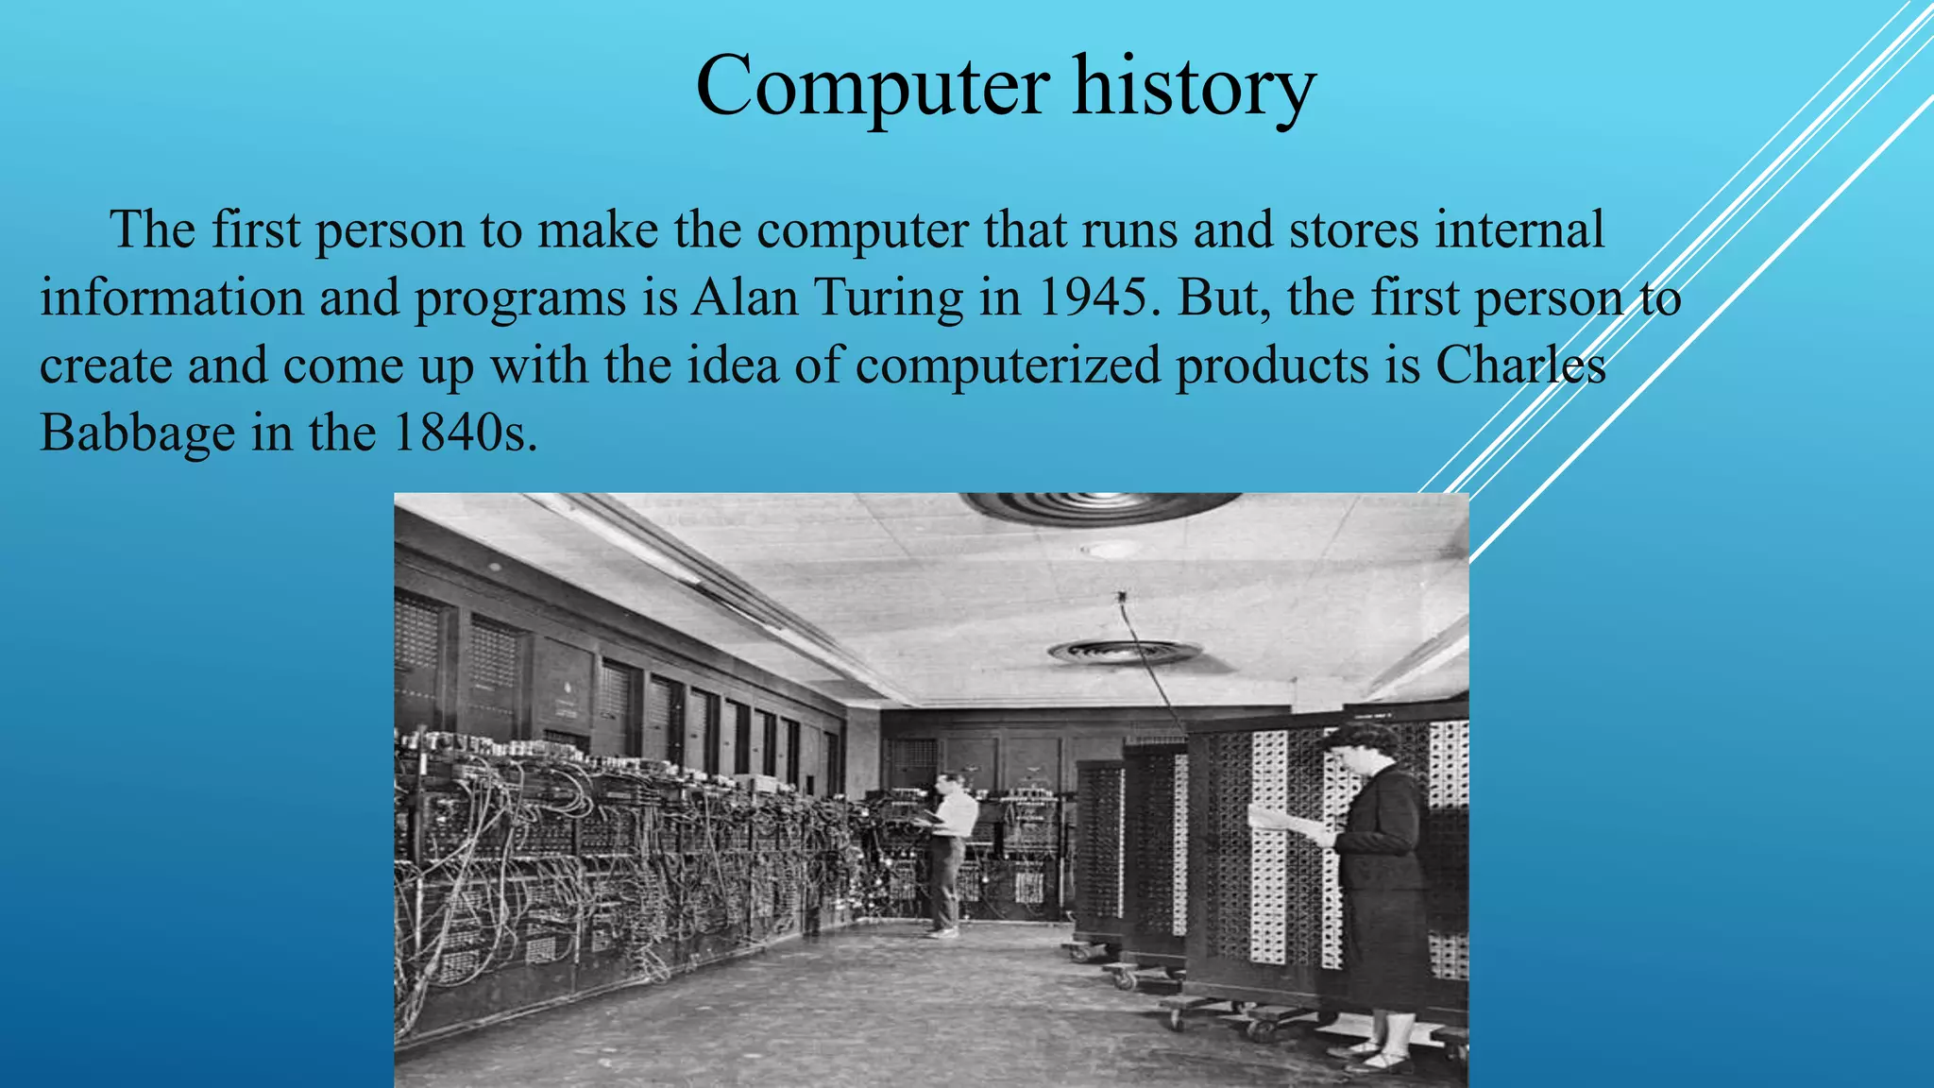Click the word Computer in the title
pos(872,87)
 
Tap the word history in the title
pos(1194,87)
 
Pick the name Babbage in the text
pos(137,433)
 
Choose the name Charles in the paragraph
pos(1520,365)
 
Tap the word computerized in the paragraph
pos(1008,365)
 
